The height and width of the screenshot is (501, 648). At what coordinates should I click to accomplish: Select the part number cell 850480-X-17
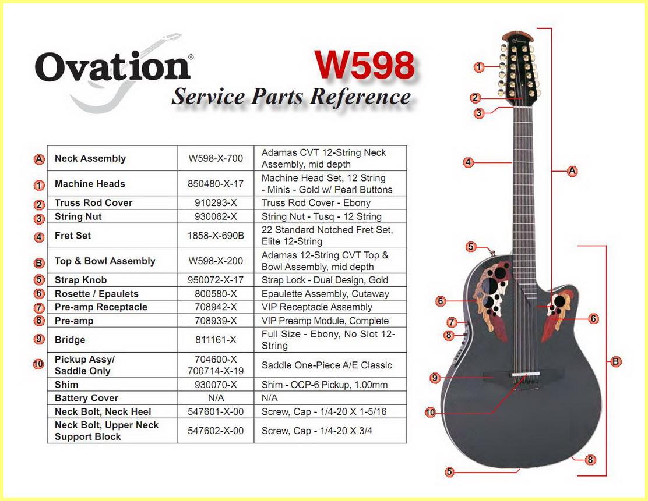[x=216, y=184]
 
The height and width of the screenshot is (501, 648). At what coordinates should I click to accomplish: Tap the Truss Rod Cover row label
[x=93, y=202]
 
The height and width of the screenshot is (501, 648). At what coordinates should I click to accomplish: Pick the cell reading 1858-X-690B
[x=216, y=236]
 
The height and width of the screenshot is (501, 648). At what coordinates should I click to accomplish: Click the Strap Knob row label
[x=80, y=280]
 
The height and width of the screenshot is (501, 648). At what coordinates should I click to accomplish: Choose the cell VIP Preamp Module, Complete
[x=325, y=321]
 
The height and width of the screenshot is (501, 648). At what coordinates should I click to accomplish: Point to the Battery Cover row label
[x=86, y=398]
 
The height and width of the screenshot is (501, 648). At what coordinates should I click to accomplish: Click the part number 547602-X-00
[x=216, y=431]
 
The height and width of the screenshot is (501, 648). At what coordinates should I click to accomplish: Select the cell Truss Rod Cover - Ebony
[x=316, y=202]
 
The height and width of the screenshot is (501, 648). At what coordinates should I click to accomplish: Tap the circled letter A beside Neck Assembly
[x=39, y=159]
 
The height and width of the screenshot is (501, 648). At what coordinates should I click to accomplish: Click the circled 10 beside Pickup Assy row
[x=38, y=364]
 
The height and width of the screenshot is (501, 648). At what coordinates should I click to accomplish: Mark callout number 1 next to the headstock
[x=478, y=67]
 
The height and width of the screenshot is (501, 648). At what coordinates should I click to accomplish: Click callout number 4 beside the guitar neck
[x=468, y=162]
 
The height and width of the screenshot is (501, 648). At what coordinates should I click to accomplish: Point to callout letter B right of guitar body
[x=616, y=362]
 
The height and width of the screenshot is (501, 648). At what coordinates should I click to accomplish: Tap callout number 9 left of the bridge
[x=434, y=378]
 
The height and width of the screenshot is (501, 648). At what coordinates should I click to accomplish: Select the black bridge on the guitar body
[x=524, y=375]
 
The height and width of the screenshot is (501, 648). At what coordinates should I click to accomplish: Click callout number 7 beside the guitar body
[x=452, y=322]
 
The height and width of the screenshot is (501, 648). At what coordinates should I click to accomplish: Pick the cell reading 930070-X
[x=216, y=385]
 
